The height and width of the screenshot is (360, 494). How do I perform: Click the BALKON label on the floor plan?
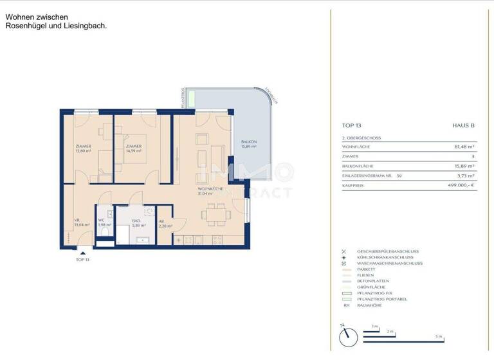tap(249, 144)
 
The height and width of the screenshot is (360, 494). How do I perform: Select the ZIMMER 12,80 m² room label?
tap(83, 148)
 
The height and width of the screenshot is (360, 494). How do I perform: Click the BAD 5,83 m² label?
tap(136, 223)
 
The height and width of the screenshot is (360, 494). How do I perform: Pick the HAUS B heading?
tap(463, 126)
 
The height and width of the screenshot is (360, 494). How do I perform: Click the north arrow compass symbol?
tap(347, 334)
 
